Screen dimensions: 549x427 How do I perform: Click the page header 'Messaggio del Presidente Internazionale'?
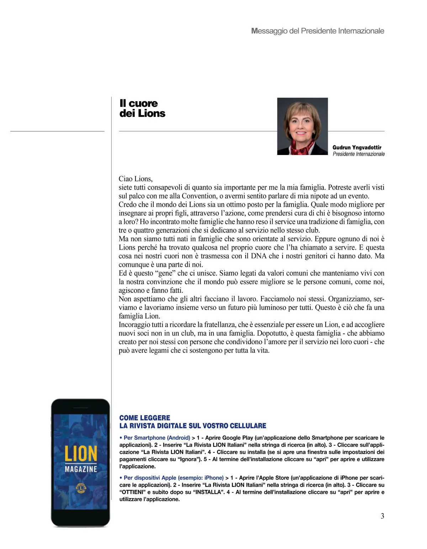click(x=317, y=31)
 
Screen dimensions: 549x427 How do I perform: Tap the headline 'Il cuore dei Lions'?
click(x=142, y=108)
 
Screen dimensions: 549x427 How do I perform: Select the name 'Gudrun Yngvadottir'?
click(x=357, y=147)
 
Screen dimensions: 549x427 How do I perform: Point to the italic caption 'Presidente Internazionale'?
click(x=359, y=154)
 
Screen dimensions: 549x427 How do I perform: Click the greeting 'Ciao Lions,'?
click(x=136, y=179)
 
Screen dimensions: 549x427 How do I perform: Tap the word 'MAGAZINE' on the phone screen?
click(x=81, y=469)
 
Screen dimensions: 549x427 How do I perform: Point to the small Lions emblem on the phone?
click(x=81, y=488)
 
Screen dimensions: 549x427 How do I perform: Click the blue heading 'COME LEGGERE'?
click(x=145, y=418)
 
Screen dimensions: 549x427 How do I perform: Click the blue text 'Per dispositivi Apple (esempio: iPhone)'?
click(x=173, y=478)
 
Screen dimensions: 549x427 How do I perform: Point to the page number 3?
click(x=383, y=516)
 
